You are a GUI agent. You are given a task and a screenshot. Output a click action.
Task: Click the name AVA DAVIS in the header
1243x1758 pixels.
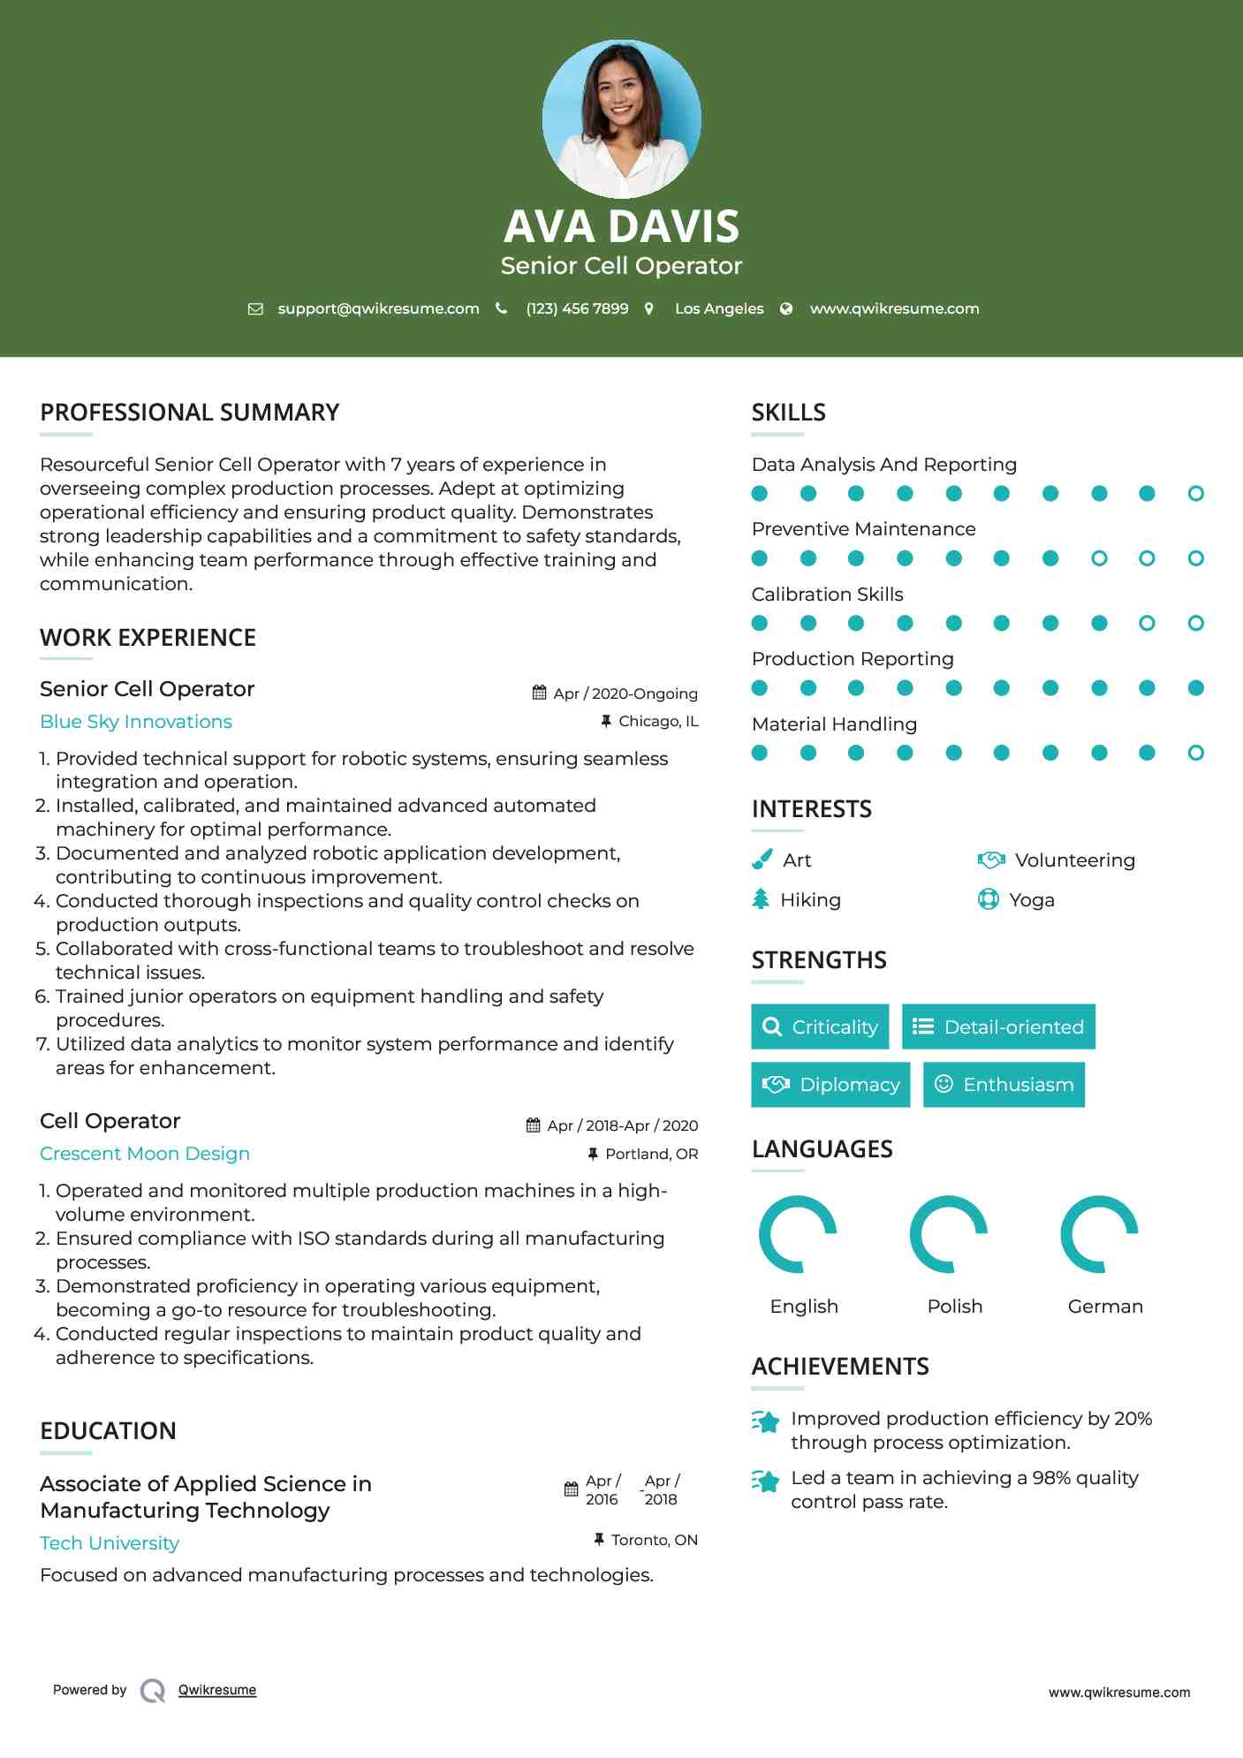click(621, 226)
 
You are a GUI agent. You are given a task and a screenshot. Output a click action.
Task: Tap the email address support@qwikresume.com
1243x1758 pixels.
click(378, 308)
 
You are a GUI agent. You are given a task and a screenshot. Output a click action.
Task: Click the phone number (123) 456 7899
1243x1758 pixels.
click(577, 308)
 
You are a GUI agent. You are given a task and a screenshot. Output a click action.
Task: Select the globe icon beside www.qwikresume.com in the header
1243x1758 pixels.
click(786, 308)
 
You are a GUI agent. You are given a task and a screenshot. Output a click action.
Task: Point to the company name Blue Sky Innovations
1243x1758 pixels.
click(136, 722)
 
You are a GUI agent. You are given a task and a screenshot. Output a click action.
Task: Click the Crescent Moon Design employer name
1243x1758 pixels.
click(145, 1154)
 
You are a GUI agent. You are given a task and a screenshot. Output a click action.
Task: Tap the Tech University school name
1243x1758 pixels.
click(110, 1543)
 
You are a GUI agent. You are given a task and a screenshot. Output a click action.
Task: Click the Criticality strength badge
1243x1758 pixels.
click(820, 1027)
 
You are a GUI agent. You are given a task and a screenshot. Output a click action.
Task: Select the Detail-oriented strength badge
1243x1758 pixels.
click(998, 1027)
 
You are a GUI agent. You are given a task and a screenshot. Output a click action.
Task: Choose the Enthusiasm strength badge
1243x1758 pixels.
click(1004, 1085)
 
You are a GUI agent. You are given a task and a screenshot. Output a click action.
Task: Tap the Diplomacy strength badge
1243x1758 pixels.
click(830, 1085)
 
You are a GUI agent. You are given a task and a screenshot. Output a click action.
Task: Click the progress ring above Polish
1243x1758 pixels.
click(949, 1234)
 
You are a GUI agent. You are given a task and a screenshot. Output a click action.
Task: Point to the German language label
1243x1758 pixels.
click(1105, 1307)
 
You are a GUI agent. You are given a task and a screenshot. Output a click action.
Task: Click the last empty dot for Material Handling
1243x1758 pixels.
click(1195, 753)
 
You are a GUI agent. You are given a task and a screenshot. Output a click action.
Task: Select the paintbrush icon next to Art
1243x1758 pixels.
click(762, 860)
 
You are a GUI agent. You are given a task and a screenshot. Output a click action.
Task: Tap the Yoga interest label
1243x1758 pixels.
click(1032, 900)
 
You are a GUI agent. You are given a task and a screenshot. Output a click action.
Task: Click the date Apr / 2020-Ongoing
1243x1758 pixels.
click(625, 693)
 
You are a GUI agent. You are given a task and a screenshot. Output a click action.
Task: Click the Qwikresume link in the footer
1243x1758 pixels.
click(217, 1690)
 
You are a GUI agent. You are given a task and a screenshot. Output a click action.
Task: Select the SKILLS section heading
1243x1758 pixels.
click(788, 413)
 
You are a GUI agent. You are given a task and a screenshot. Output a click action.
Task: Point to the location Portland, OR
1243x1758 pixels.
click(651, 1154)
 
